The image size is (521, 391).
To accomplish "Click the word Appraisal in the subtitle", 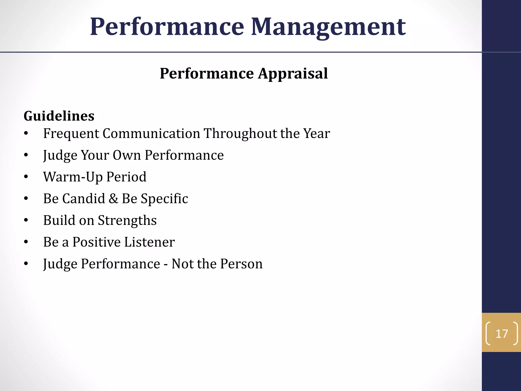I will click(x=293, y=74).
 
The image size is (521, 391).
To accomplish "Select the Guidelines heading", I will click(x=59, y=116).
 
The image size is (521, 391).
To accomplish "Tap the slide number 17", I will click(x=502, y=334).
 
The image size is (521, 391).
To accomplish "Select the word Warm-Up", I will click(x=73, y=177).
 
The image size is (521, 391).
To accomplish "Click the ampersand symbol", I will click(x=113, y=199).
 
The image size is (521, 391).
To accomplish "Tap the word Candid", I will click(x=83, y=199).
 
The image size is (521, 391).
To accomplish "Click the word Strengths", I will click(x=127, y=220).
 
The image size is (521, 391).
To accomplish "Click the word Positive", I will click(x=96, y=242).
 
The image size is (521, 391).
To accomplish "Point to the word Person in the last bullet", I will click(x=241, y=264).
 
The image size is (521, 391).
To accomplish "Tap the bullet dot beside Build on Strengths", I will click(x=26, y=220).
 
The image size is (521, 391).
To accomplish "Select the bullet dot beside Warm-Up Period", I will click(x=26, y=177).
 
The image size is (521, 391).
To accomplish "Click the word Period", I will click(x=126, y=177).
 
